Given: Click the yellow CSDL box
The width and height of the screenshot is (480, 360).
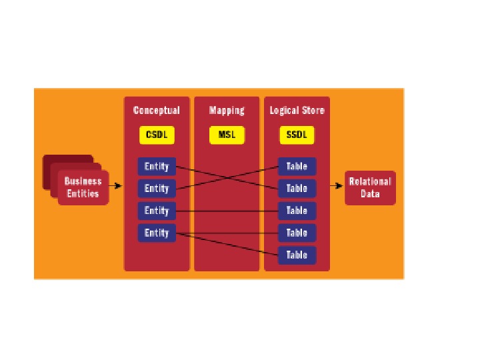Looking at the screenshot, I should coord(157,135).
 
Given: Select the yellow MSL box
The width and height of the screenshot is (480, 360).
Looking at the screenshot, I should coord(227,135).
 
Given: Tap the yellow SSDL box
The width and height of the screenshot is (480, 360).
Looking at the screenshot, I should coord(297,135).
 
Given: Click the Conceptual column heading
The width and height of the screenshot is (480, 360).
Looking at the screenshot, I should coord(157,110).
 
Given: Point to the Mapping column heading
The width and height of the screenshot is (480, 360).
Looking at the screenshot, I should coord(227,110).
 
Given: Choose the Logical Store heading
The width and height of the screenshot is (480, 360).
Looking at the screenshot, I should coord(297,110).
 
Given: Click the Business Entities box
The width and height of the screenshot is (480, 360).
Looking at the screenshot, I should coord(83,187).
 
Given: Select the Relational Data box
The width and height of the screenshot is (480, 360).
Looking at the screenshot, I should coord(370,187).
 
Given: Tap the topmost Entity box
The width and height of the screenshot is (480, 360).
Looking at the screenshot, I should coord(157,167).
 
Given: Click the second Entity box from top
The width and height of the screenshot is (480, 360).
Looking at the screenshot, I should coord(157,189).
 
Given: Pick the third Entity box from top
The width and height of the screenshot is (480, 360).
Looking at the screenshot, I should coord(157,211).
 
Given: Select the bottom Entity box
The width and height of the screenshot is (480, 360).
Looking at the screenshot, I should coord(157,233).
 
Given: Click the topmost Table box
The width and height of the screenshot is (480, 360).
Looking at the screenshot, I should coord(297,167).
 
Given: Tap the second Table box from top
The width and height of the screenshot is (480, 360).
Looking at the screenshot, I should coord(297,189).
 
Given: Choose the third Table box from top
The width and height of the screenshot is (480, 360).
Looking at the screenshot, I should coord(297,211).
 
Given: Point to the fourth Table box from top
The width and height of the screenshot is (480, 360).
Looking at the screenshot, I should coord(297,233).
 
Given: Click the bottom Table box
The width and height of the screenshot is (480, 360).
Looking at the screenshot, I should coord(297,255).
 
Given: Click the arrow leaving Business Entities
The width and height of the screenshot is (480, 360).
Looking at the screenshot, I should coord(116,185).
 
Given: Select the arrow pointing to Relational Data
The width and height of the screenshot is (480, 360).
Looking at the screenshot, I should coord(337,185).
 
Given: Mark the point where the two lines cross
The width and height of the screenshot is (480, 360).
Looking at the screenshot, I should coord(227,177).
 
